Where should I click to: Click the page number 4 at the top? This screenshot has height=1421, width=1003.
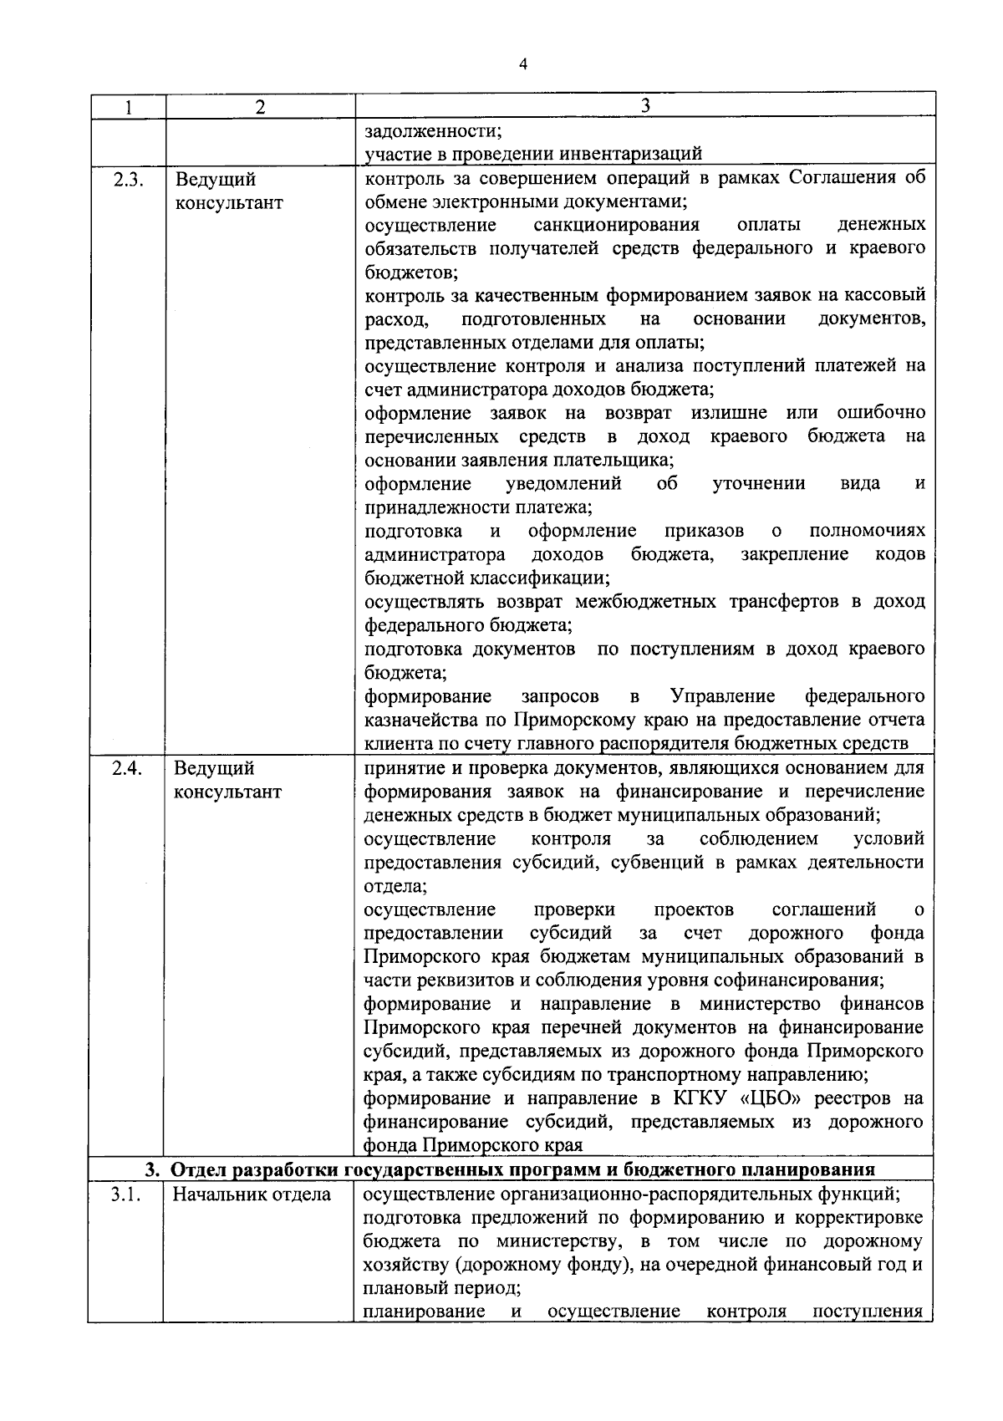[x=522, y=65]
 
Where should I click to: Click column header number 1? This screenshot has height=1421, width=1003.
[x=127, y=107]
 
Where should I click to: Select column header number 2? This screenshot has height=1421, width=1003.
[x=260, y=107]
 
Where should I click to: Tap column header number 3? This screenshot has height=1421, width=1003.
[x=644, y=104]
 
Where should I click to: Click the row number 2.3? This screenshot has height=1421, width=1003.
[x=130, y=180]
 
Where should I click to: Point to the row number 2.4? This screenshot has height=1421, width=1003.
[x=130, y=767]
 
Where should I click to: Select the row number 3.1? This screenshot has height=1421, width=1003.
[x=127, y=1194]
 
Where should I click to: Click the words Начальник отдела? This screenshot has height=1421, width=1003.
[x=252, y=1194]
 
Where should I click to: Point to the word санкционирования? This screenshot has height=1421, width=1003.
[x=617, y=225]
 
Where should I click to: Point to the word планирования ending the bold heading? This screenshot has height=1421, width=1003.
[x=809, y=1169]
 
